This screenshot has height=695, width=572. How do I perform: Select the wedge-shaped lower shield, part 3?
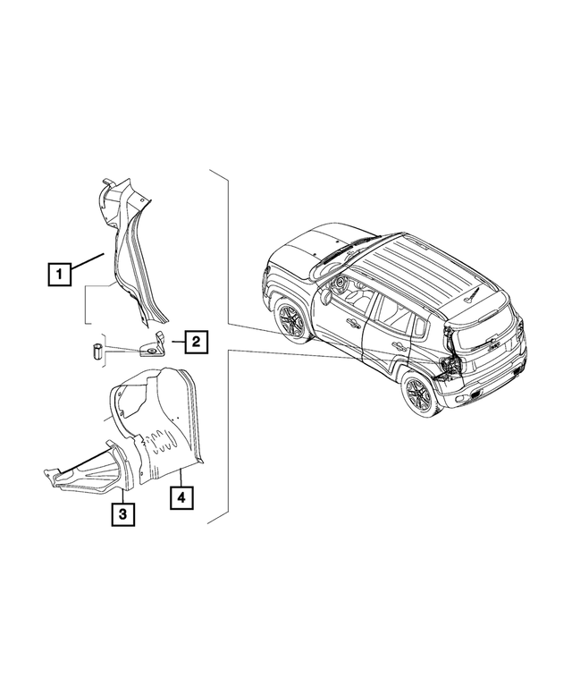coord(89,472)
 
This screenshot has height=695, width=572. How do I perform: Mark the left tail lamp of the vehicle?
coord(450,366)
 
